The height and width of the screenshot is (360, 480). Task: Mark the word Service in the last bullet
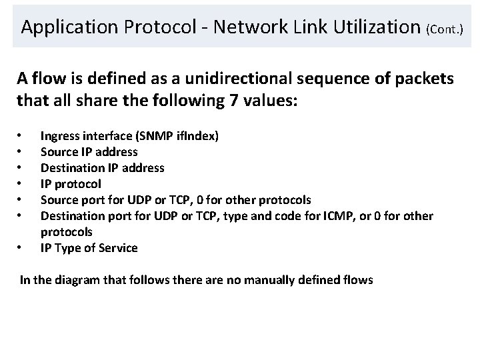point(119,248)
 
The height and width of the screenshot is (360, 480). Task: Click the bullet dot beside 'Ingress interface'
point(21,137)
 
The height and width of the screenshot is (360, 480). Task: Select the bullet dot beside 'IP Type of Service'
point(21,249)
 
